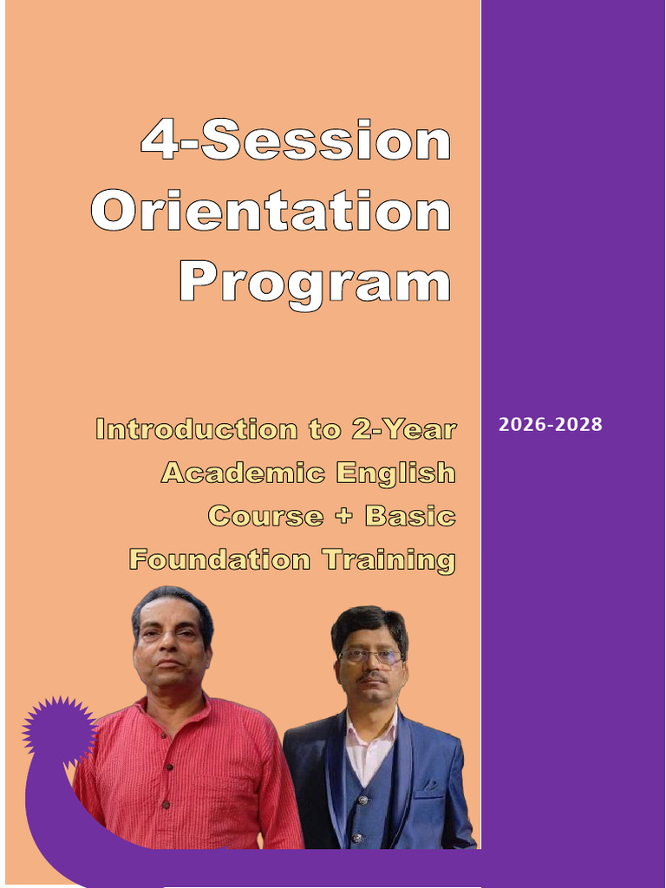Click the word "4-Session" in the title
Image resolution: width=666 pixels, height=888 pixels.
click(x=296, y=142)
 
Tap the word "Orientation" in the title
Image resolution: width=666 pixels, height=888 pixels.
click(x=271, y=212)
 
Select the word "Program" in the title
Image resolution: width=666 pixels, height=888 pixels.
click(x=316, y=283)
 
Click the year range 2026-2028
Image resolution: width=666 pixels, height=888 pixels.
click(x=550, y=426)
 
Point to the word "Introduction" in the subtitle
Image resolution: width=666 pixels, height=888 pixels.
click(x=183, y=429)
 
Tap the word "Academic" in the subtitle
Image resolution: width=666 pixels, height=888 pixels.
click(x=243, y=473)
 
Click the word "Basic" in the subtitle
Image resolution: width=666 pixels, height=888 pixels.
click(x=409, y=516)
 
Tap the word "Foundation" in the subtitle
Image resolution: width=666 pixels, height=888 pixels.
click(x=219, y=559)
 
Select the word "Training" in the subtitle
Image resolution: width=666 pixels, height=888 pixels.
click(x=388, y=560)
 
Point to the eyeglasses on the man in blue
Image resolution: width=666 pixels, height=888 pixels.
click(x=370, y=656)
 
